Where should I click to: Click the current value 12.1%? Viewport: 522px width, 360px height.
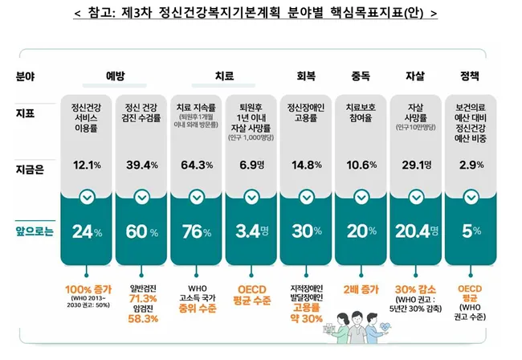point(87,166)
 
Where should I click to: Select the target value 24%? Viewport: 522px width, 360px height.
point(87,233)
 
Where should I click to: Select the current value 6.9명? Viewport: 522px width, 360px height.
point(252,166)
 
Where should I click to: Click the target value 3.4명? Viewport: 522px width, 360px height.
point(252,233)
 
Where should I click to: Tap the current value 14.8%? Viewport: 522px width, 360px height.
point(305,166)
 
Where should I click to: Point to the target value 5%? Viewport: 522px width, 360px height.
point(471,233)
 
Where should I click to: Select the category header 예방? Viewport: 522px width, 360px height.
point(115,76)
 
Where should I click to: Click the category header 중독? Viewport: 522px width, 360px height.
point(360,76)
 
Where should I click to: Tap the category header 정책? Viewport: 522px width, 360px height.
point(471,76)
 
